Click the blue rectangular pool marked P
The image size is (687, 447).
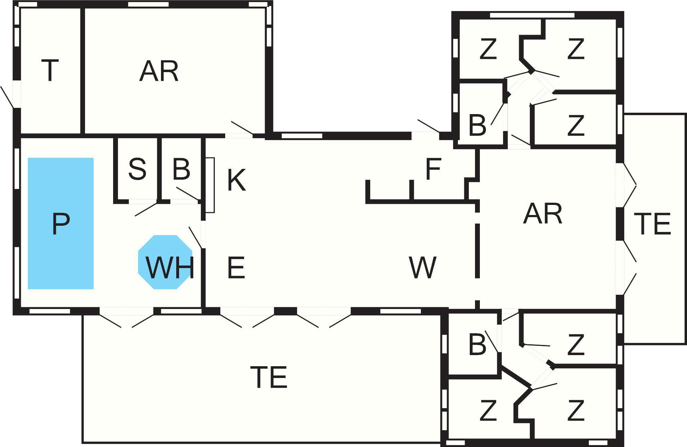point(60,223)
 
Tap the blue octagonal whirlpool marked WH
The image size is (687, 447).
point(165,262)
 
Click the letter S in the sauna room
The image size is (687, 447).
point(137,169)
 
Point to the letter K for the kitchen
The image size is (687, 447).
point(236,180)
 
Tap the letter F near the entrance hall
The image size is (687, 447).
point(433,169)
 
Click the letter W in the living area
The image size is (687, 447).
point(422,267)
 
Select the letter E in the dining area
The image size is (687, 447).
point(236,267)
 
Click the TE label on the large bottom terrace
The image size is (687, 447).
point(269,377)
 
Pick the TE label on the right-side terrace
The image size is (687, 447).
point(652,224)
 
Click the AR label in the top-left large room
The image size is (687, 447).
point(159,71)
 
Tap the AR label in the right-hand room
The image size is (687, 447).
point(543,214)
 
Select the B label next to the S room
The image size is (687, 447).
point(181,169)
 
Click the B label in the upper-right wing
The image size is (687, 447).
point(477,125)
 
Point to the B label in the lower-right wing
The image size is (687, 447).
point(477,345)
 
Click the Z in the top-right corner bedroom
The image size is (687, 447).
point(576,49)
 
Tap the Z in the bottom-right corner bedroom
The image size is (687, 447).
point(576,411)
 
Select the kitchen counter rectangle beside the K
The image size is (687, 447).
point(210,185)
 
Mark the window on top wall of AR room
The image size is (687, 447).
point(148,5)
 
